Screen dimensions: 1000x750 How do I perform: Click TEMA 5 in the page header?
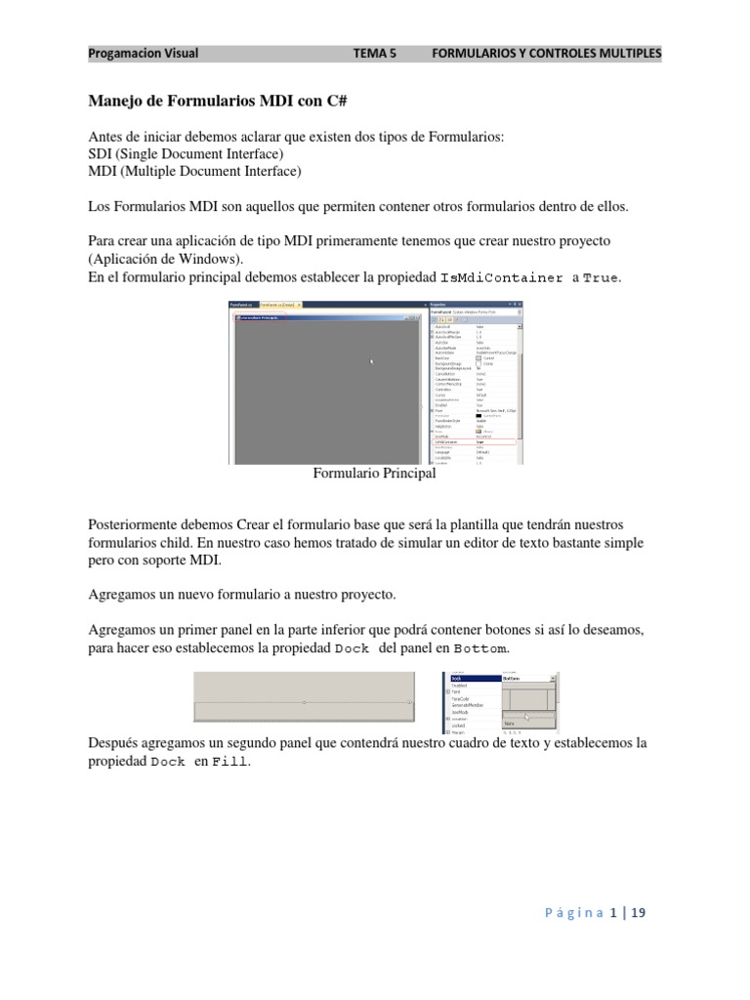point(374,53)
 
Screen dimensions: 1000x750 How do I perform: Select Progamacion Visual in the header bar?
point(144,53)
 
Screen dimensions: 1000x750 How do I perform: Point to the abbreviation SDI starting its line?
point(101,154)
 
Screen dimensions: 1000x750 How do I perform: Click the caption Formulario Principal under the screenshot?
point(374,474)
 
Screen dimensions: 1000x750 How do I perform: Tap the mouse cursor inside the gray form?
point(371,361)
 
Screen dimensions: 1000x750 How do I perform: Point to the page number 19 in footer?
point(639,913)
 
